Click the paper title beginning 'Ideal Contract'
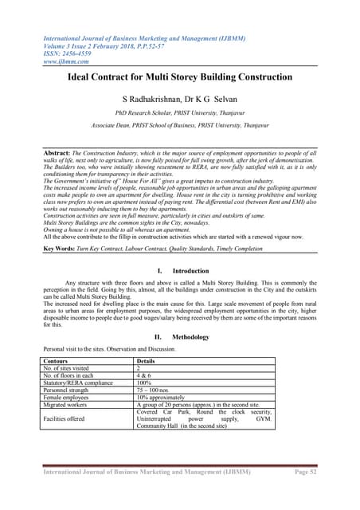179,77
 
